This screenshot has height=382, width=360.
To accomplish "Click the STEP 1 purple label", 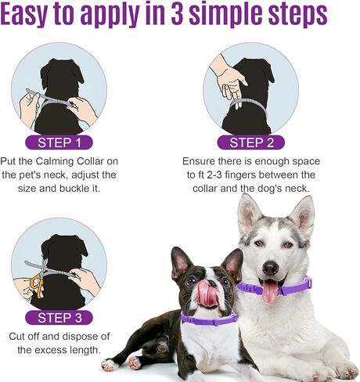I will [x=59, y=142].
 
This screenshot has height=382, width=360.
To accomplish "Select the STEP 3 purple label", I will [x=59, y=317].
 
